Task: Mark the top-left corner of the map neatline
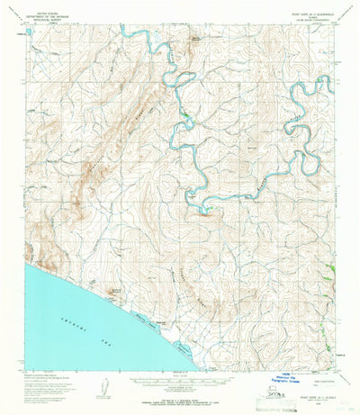coord(25,24)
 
